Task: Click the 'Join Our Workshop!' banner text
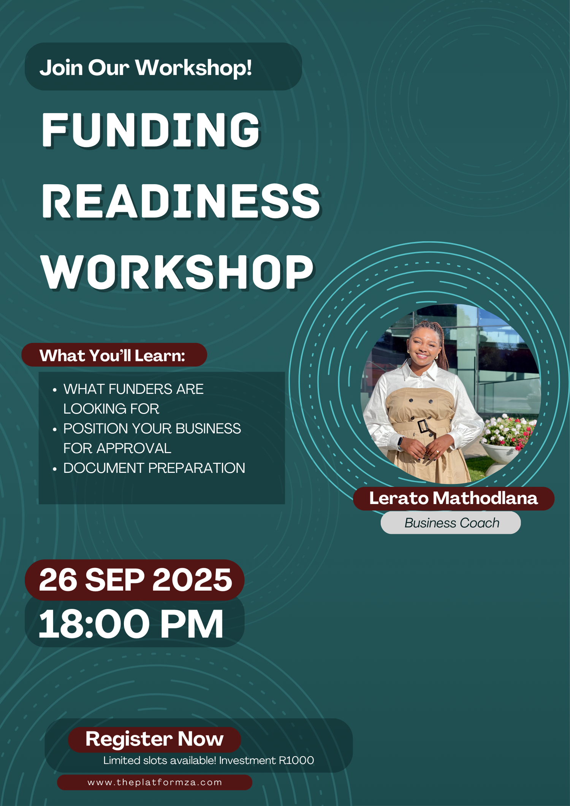[x=146, y=68]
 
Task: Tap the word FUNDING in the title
[x=151, y=130]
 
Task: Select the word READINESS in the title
[x=181, y=201]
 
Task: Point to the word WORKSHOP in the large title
[x=177, y=272]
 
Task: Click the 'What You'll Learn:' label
[x=112, y=356]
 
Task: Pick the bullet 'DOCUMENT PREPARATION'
[x=154, y=468]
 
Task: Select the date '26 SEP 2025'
[x=135, y=580]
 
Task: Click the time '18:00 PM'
[x=131, y=624]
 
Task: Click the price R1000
[x=296, y=760]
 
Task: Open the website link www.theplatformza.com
[x=155, y=782]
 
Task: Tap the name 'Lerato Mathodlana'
[x=453, y=498]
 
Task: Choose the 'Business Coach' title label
[x=452, y=523]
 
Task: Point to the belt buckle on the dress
[x=423, y=426]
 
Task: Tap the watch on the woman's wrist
[x=400, y=442]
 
